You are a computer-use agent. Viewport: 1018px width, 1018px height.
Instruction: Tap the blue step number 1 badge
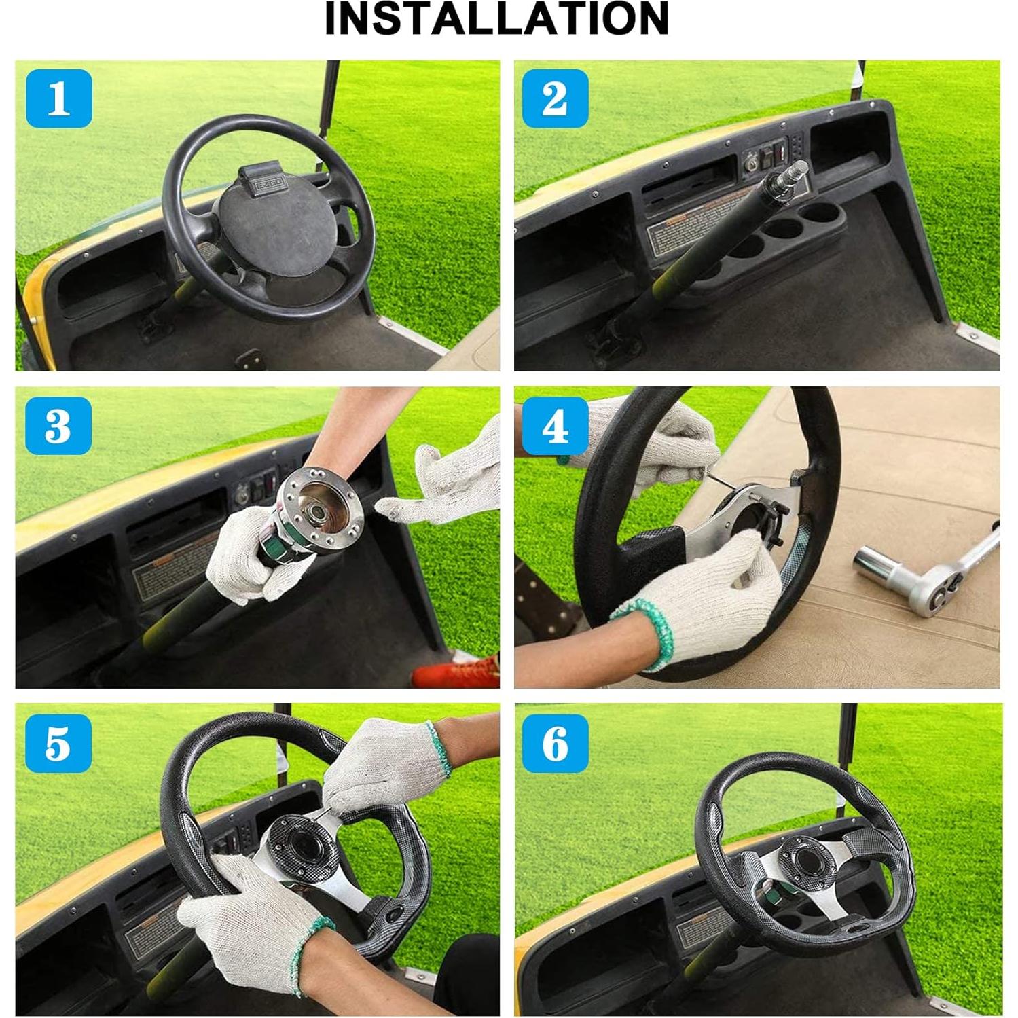tap(59, 98)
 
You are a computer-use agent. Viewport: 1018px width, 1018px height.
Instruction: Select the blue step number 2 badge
tap(555, 98)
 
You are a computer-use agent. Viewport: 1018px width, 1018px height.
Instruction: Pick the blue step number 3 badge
tap(58, 426)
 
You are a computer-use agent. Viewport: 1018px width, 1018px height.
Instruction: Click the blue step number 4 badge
tap(555, 426)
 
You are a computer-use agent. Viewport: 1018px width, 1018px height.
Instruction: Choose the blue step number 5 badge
tap(58, 743)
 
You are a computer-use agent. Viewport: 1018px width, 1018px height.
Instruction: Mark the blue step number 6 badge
tap(555, 743)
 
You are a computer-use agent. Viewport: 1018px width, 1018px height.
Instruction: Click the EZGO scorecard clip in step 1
tap(268, 181)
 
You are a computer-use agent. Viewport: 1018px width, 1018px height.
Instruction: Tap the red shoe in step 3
tap(455, 672)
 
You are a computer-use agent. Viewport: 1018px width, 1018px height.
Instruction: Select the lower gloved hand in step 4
tap(706, 604)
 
